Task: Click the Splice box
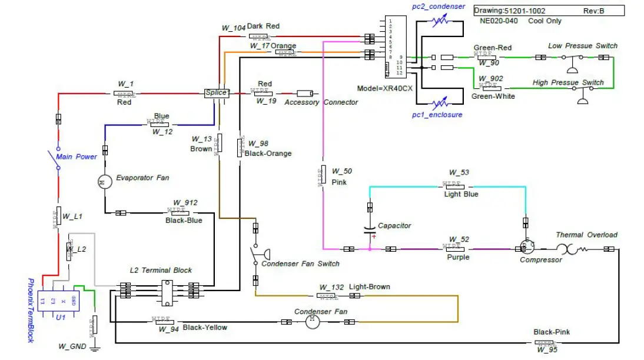pyautogui.click(x=216, y=93)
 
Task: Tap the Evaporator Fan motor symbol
pyautogui.click(x=104, y=182)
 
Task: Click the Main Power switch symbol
pyautogui.click(x=58, y=158)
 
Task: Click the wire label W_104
pyautogui.click(x=233, y=28)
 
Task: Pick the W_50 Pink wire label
pyautogui.click(x=341, y=171)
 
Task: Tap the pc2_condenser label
pyautogui.click(x=438, y=6)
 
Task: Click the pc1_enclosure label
pyautogui.click(x=437, y=115)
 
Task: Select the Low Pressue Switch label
pyautogui.click(x=583, y=45)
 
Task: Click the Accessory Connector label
pyautogui.click(x=321, y=102)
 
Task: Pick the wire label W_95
pyautogui.click(x=546, y=350)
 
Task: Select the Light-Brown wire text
pyautogui.click(x=369, y=287)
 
